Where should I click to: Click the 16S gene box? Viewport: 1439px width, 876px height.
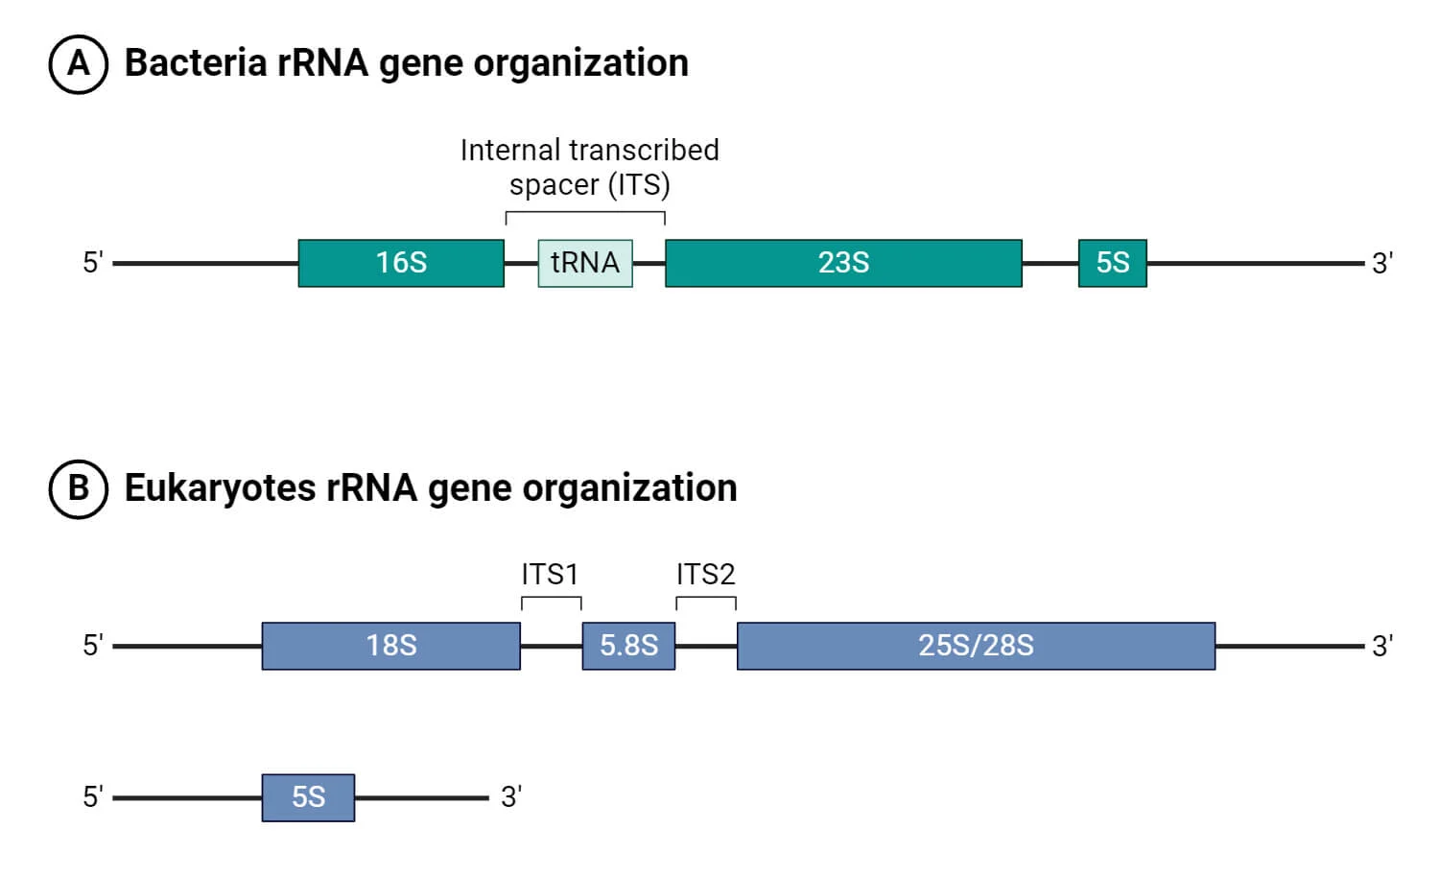[401, 263]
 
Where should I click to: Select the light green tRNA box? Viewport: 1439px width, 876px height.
[585, 263]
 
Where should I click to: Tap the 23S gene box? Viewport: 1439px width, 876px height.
[843, 263]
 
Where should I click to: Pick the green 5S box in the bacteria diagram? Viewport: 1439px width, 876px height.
[1112, 263]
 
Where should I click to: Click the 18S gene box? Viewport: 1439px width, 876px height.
[391, 646]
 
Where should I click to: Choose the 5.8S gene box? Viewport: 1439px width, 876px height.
[628, 646]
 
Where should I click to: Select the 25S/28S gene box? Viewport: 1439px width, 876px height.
[976, 646]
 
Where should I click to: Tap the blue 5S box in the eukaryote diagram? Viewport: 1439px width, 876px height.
[308, 797]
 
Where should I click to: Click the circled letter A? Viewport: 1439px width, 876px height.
[78, 64]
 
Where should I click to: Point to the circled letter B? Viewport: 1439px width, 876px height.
[78, 488]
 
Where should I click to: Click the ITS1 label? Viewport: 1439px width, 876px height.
[550, 574]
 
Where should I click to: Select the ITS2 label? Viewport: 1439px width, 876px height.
[705, 574]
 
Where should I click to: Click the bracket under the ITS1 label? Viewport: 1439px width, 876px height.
[552, 600]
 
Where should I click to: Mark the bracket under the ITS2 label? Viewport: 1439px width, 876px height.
[706, 600]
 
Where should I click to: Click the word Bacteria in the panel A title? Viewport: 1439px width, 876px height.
[196, 63]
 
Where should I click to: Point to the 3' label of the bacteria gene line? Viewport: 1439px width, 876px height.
[1381, 263]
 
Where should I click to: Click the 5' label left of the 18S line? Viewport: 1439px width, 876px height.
[92, 646]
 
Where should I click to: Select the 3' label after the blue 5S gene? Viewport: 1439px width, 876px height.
[510, 797]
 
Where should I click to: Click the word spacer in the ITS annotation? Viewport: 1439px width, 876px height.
[554, 184]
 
